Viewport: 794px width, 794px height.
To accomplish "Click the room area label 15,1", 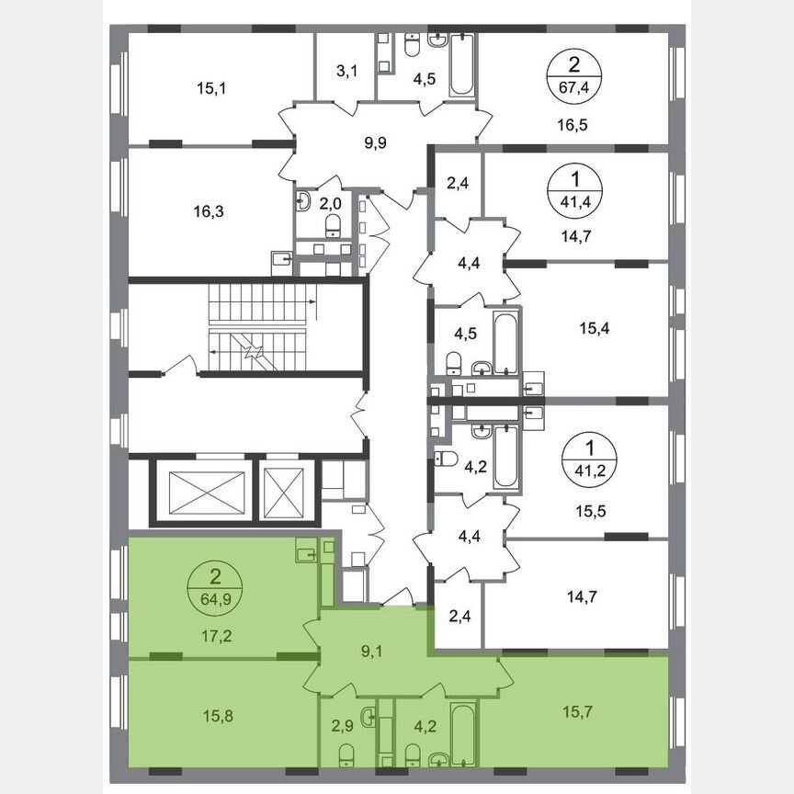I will [211, 89].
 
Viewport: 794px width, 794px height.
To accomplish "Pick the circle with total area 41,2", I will [588, 455].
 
